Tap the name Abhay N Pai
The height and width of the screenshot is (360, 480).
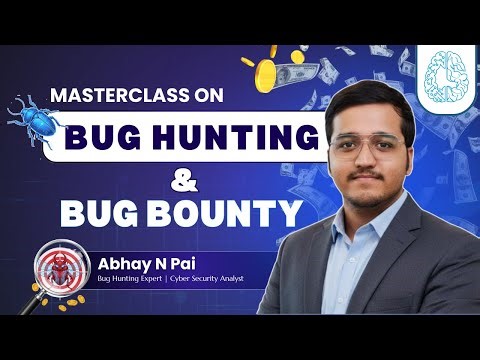[x=136, y=263]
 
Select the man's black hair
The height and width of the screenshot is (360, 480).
[x=375, y=99]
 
